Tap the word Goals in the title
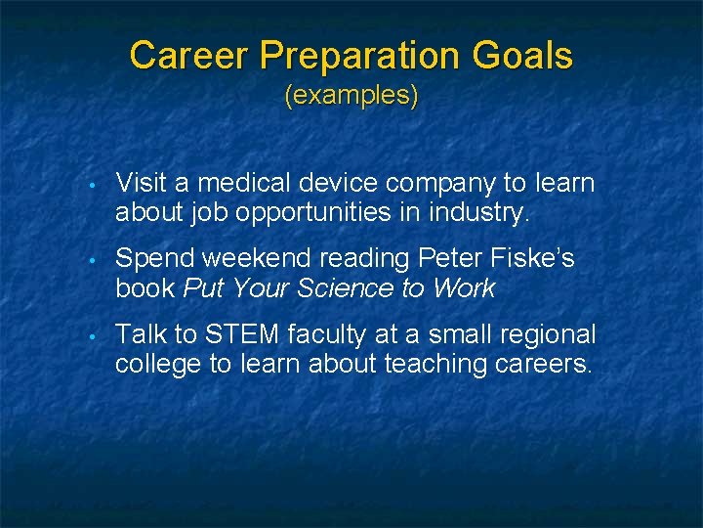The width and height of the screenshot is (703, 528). click(522, 56)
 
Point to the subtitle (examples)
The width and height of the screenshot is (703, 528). click(351, 96)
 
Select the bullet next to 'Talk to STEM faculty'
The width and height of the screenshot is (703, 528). click(89, 336)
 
